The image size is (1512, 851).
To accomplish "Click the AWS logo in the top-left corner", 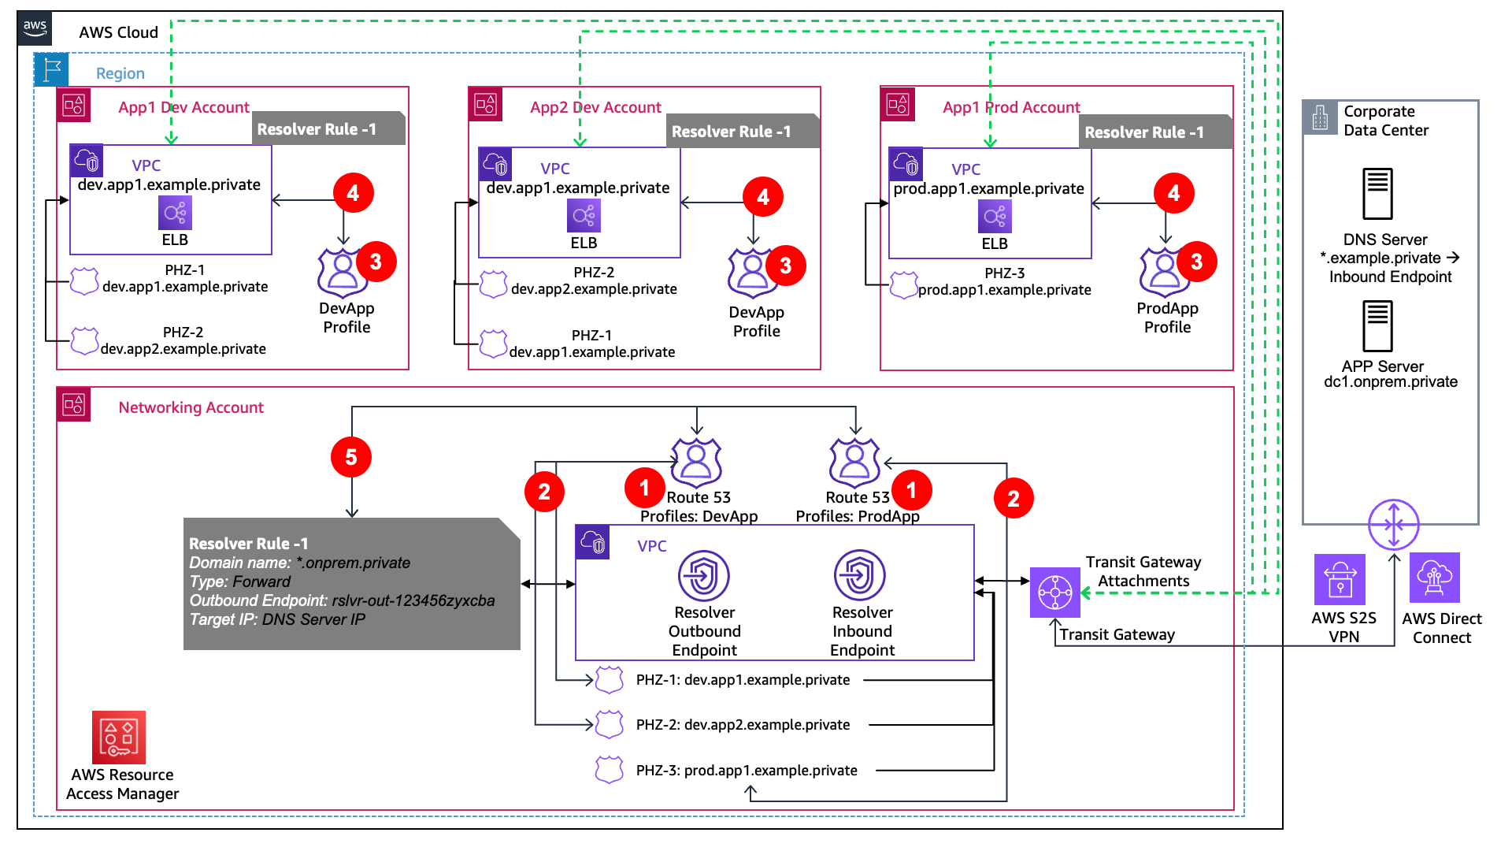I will pyautogui.click(x=35, y=28).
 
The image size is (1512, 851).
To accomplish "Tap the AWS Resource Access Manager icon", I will pyautogui.click(x=119, y=738).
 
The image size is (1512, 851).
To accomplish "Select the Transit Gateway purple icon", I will pyautogui.click(x=1054, y=593).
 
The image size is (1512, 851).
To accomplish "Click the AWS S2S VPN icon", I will pyautogui.click(x=1340, y=579).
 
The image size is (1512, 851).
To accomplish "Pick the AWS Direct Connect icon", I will pyautogui.click(x=1434, y=578).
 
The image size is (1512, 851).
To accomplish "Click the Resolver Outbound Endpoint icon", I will pyautogui.click(x=704, y=576).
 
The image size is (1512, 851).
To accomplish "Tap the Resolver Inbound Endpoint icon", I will pyautogui.click(x=860, y=576).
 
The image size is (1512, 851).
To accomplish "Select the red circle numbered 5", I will pyautogui.click(x=351, y=457).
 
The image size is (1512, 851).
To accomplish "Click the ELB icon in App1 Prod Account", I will pyautogui.click(x=995, y=216).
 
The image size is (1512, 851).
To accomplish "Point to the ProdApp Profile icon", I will pyautogui.click(x=1164, y=273).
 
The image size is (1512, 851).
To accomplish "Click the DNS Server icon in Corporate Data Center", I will pyautogui.click(x=1377, y=194).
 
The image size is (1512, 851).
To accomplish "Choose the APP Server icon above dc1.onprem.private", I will pyautogui.click(x=1377, y=325).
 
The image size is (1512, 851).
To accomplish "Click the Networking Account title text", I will pyautogui.click(x=191, y=407).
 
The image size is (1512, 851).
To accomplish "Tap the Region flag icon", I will pyautogui.click(x=52, y=69).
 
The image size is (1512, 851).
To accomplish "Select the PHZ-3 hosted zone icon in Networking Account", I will pyautogui.click(x=610, y=770).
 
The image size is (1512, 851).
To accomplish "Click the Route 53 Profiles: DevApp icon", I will pyautogui.click(x=696, y=463).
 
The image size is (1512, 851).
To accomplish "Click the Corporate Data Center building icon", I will pyautogui.click(x=1320, y=117).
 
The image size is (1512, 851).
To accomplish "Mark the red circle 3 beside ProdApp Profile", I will pyautogui.click(x=1196, y=262).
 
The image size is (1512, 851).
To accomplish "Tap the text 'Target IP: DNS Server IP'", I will pyautogui.click(x=277, y=619).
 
